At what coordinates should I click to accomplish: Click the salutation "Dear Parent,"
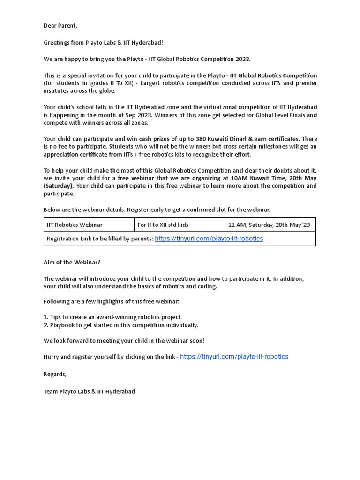60,26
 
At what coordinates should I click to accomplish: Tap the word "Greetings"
58,43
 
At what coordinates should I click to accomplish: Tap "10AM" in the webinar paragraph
239,178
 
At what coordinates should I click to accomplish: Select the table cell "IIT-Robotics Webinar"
75,225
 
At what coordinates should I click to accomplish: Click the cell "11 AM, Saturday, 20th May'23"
269,225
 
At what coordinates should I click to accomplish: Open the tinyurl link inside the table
209,239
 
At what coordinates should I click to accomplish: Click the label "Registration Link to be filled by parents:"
100,239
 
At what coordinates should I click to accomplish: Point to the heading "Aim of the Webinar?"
72,262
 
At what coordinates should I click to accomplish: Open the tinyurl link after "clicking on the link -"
234,357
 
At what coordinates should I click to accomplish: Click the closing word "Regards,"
55,374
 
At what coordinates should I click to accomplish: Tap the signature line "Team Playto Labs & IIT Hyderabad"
89,391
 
